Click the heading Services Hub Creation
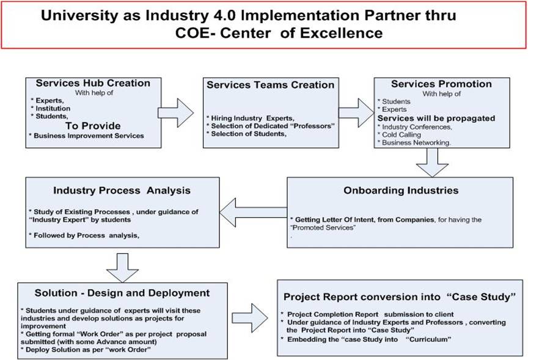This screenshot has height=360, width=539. [x=92, y=83]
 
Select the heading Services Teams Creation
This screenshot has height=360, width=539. [x=270, y=85]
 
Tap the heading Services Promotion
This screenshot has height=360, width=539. [x=441, y=84]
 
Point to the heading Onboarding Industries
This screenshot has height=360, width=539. [x=401, y=190]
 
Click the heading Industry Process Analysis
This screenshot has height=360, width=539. [x=122, y=190]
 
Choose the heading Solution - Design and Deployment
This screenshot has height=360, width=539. [x=114, y=293]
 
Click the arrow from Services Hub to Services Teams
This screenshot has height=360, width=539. [x=176, y=112]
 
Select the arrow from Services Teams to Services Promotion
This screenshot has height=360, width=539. [x=355, y=112]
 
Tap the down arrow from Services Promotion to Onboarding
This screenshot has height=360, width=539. [x=433, y=161]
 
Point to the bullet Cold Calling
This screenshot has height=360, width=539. [x=400, y=134]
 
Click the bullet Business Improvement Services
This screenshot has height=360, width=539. [x=87, y=135]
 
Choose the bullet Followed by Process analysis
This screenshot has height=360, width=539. [x=77, y=234]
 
